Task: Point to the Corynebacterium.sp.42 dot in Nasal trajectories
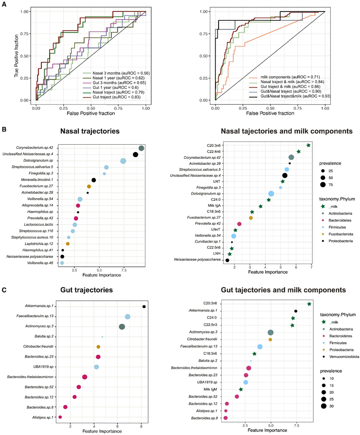pyautogui.click(x=142, y=148)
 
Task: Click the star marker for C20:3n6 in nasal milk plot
pyautogui.click(x=308, y=145)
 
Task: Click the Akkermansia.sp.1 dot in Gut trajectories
pyautogui.click(x=144, y=306)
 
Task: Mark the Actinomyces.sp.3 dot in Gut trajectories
pyautogui.click(x=122, y=327)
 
